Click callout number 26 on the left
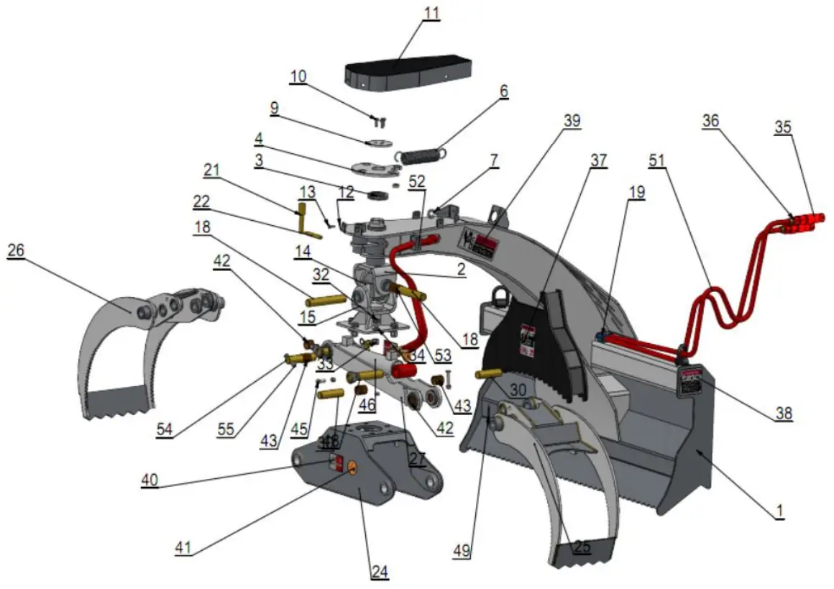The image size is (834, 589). [15, 250]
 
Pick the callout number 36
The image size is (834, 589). [711, 122]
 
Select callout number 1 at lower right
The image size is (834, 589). [777, 511]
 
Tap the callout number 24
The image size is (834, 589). [379, 572]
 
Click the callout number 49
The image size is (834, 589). [461, 551]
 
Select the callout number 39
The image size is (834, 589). [572, 121]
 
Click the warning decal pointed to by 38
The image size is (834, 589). [692, 381]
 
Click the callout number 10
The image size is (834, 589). [298, 76]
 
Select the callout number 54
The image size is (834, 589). [166, 429]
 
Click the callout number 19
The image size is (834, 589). [636, 192]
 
